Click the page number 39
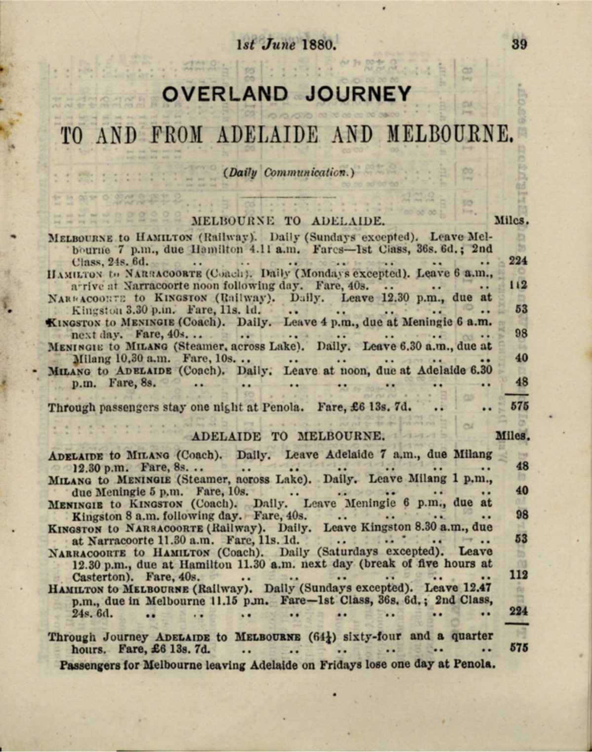[x=519, y=44]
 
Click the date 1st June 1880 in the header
[x=287, y=45]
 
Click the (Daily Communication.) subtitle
[x=289, y=172]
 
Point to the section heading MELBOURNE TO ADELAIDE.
[x=288, y=220]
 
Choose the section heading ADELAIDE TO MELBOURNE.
[x=287, y=436]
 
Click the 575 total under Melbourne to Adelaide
[x=518, y=407]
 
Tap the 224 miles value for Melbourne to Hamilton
[x=518, y=261]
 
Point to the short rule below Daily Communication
[x=289, y=197]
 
